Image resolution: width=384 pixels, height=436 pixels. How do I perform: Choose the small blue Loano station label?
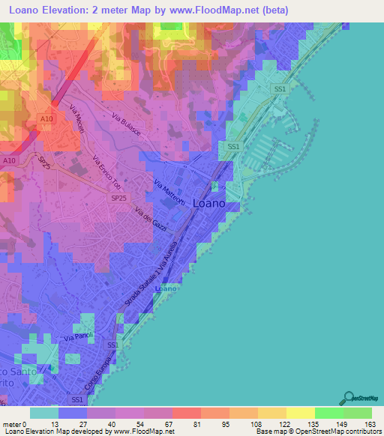coord(166,288)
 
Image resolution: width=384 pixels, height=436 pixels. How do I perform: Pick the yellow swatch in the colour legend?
coord(300,413)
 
